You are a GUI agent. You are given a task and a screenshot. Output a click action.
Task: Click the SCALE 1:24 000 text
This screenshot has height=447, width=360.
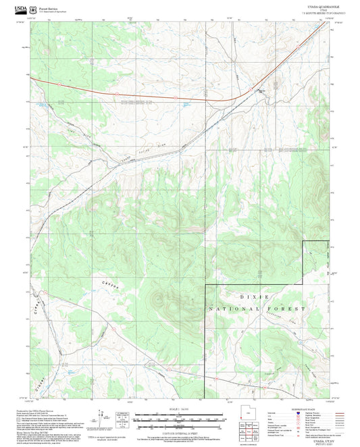point(179,408)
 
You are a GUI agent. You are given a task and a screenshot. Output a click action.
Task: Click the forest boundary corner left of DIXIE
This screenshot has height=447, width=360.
point(205,286)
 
